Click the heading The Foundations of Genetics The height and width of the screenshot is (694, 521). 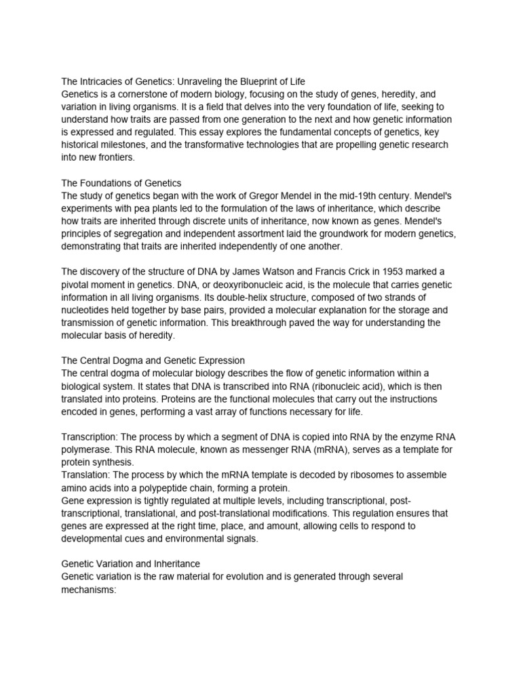pyautogui.click(x=120, y=183)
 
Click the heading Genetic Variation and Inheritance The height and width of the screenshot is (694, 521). pyautogui.click(x=130, y=564)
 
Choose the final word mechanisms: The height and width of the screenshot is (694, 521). pyautogui.click(x=90, y=590)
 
